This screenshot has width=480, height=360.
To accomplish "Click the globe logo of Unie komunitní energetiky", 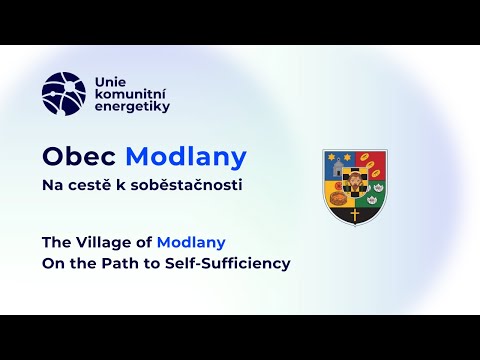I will click(x=63, y=91).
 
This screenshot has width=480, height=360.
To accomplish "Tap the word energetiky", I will click(x=131, y=106).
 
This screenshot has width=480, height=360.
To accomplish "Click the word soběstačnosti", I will click(x=188, y=186).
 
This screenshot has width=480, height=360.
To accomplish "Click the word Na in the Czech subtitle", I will click(x=50, y=186).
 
